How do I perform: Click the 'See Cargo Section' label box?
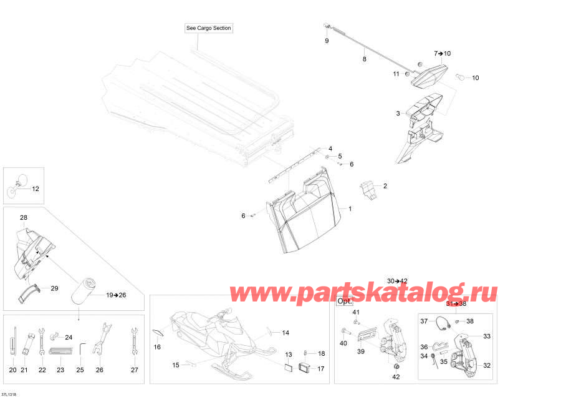tap(209, 28)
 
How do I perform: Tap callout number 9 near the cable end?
tap(327, 41)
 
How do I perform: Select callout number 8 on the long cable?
tap(364, 59)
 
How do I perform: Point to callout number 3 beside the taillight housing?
tap(398, 113)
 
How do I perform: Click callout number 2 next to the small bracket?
tap(385, 186)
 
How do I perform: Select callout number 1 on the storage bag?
tap(350, 208)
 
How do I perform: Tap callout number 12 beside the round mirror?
tap(36, 189)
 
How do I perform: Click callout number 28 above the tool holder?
tap(23, 217)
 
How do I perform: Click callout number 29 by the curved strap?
tap(54, 288)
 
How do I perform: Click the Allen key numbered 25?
tap(82, 350)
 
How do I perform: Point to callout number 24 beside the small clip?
tap(69, 337)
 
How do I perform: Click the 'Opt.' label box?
tap(345, 301)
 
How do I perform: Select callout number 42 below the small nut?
tap(396, 376)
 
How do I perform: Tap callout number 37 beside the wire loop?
tap(424, 321)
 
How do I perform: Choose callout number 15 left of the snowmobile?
tap(176, 365)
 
